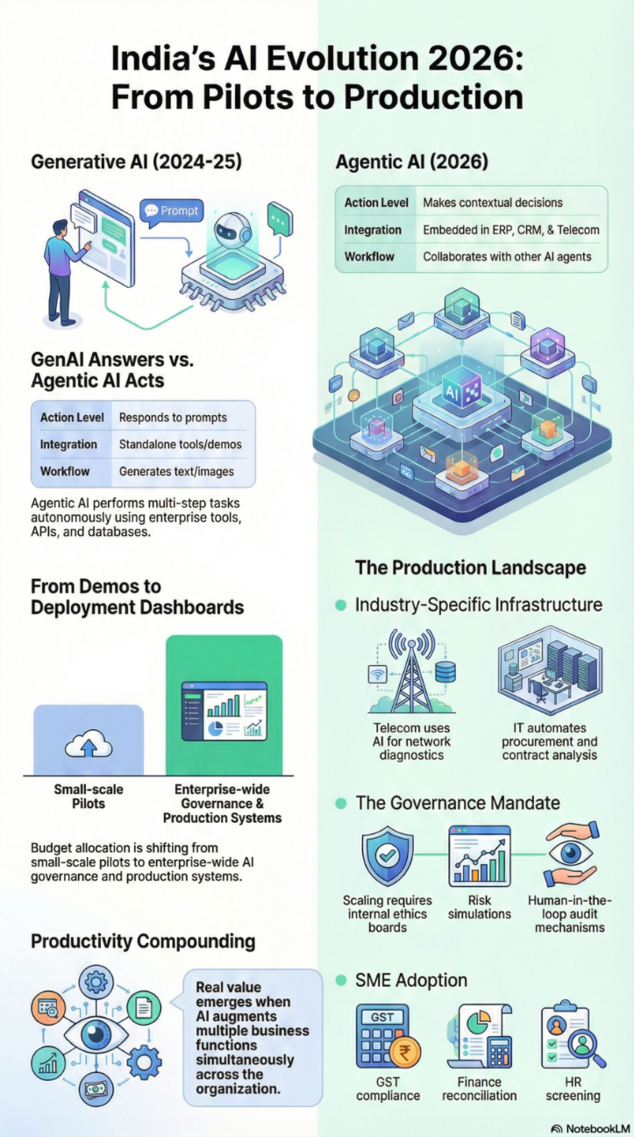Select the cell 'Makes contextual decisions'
pyautogui.click(x=492, y=203)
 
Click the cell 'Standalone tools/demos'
pyautogui.click(x=180, y=445)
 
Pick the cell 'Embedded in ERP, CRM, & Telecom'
pyautogui.click(x=511, y=230)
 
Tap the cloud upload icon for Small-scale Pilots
pyautogui.click(x=88, y=747)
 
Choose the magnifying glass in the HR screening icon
pyautogui.click(x=581, y=1043)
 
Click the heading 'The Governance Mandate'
pyautogui.click(x=457, y=803)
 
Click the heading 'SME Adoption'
pyautogui.click(x=410, y=980)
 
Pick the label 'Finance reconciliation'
pyautogui.click(x=480, y=1089)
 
